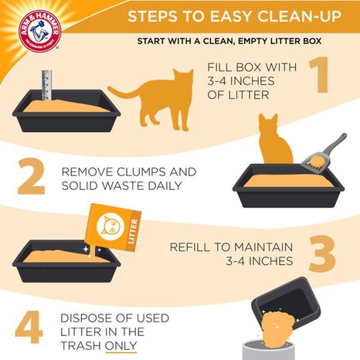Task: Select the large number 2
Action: click(31, 178)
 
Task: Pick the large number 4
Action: click(29, 328)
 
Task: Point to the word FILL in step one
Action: click(219, 67)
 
